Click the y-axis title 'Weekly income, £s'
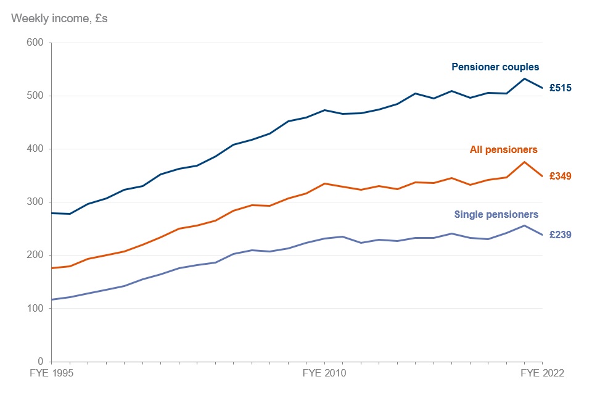point(59,18)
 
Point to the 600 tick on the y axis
point(35,43)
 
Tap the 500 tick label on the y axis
point(35,96)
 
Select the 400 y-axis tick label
point(35,149)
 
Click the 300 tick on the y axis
point(35,202)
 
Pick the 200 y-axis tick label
point(35,255)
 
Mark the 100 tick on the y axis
point(35,308)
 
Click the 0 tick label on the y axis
point(40,361)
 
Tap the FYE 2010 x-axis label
point(324,373)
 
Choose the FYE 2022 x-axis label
point(542,373)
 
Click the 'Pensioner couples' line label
point(495,67)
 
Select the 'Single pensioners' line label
point(496,215)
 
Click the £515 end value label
point(560,88)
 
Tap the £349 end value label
point(560,176)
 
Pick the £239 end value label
point(560,235)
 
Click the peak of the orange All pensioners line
point(524,162)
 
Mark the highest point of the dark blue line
point(524,78)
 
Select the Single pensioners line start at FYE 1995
point(52,299)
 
